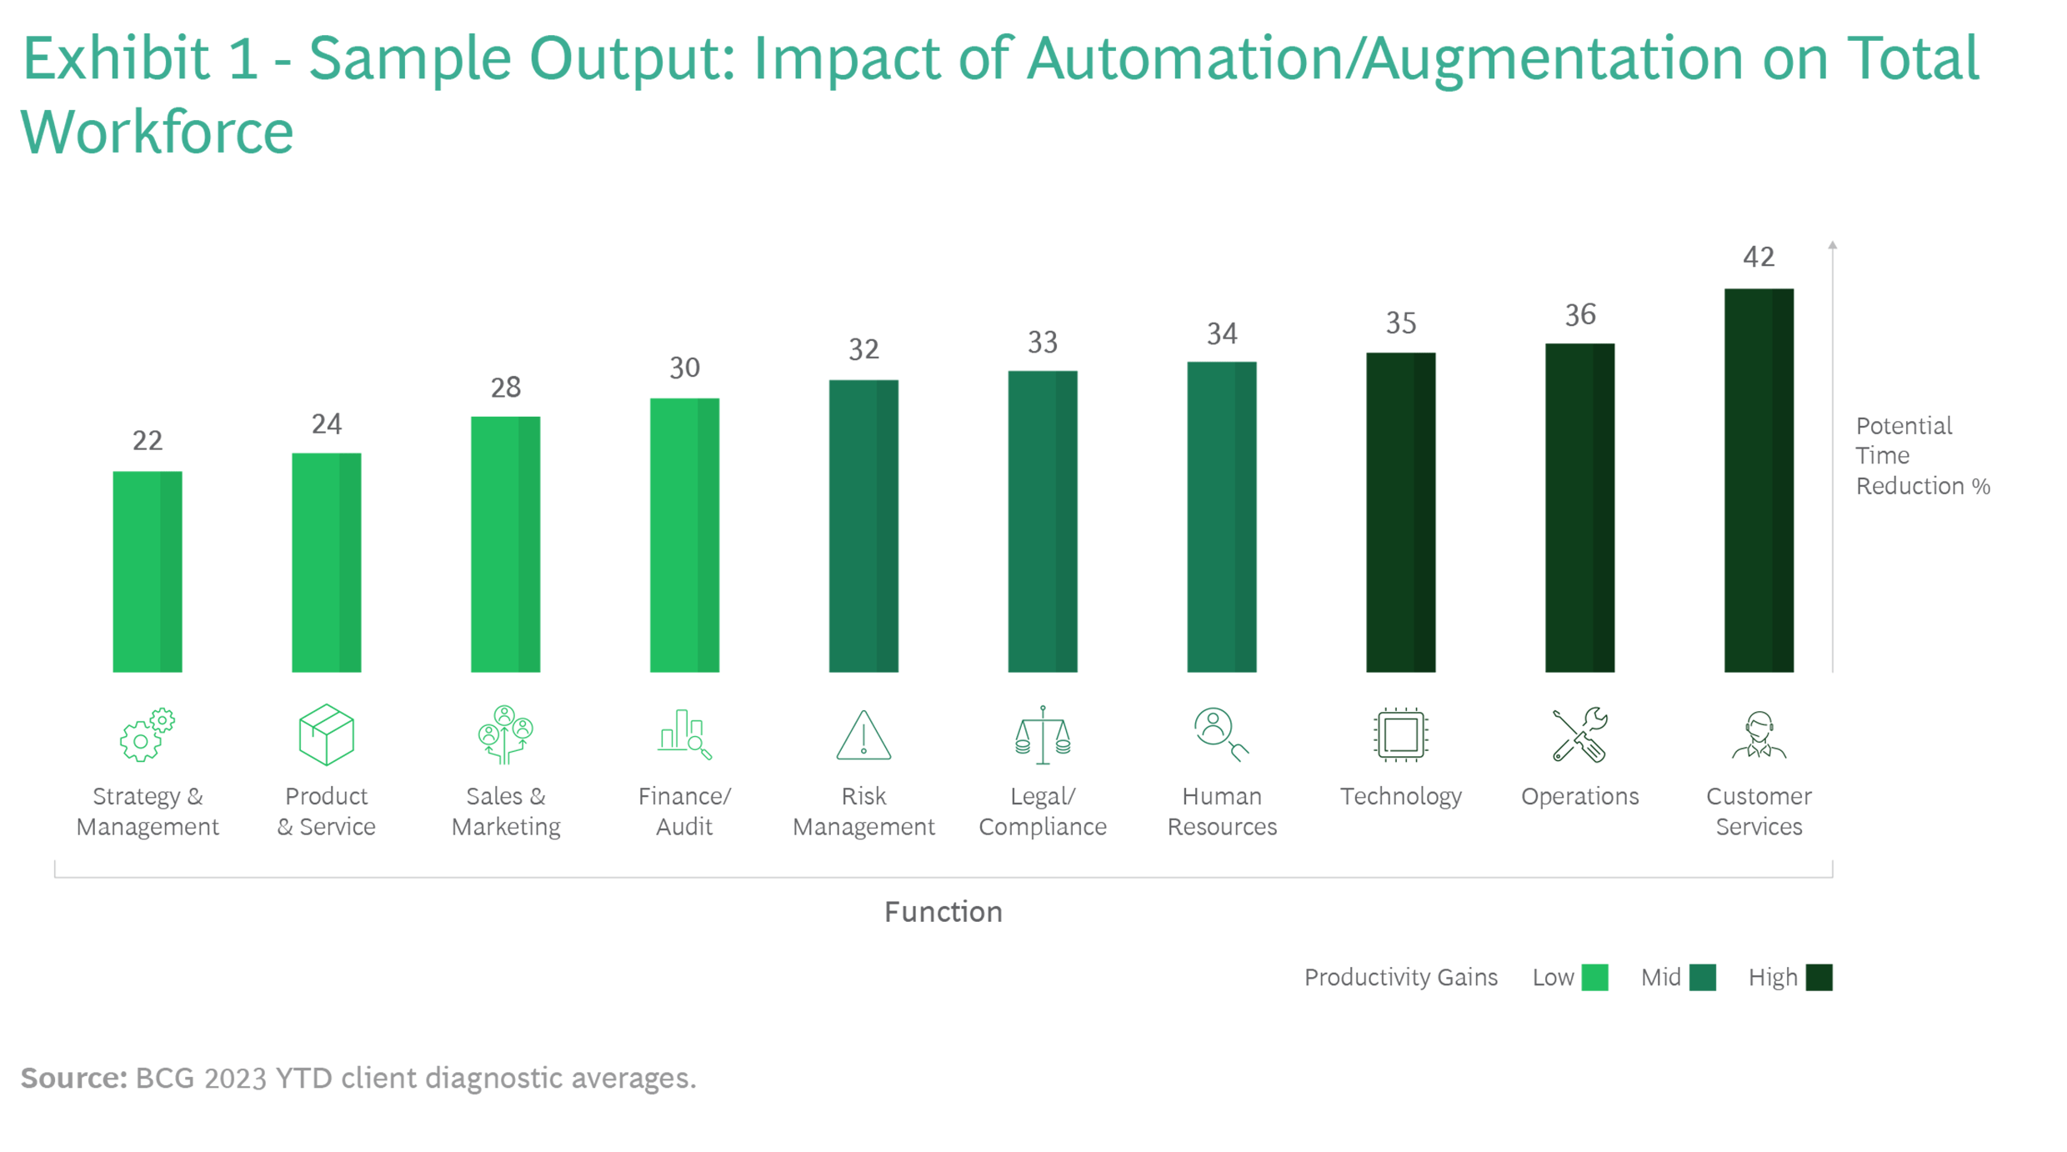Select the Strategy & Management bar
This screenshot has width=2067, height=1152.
coord(148,572)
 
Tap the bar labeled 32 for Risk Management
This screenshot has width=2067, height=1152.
coord(863,526)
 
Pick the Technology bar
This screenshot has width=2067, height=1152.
coord(1400,513)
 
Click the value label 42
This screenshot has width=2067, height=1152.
coord(1759,257)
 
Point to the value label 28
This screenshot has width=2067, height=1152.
coord(506,388)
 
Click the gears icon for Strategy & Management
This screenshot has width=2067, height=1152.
coord(148,734)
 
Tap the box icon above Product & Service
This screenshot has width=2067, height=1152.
coord(327,734)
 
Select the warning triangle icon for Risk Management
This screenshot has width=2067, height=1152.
coord(863,735)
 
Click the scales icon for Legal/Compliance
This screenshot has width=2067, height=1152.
coord(1043,735)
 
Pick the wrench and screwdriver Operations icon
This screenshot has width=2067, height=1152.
coord(1579,735)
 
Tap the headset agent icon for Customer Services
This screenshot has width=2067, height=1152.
coord(1759,735)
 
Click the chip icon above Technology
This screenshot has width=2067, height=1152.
coord(1400,735)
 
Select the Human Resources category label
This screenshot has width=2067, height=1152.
coord(1222,811)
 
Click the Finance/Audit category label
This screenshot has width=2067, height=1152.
coord(684,811)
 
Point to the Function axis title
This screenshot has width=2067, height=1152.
coord(943,912)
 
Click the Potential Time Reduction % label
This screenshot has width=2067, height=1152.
coord(1922,456)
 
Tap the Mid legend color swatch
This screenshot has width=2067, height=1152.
coord(1703,977)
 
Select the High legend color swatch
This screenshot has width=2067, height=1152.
coord(1819,977)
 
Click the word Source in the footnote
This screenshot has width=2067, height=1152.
coord(73,1079)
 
